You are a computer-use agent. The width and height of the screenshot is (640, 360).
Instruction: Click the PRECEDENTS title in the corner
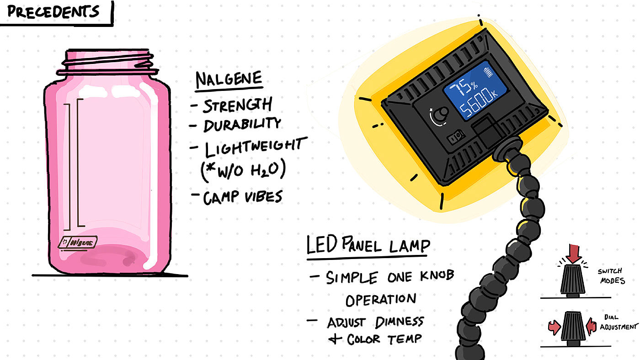tap(53, 11)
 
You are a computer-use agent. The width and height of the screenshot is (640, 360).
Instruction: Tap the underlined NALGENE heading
tap(229, 79)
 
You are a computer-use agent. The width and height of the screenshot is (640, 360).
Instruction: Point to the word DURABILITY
tap(242, 124)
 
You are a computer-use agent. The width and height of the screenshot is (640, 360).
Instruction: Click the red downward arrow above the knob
tap(572, 253)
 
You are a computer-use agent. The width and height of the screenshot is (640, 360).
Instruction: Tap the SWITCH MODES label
tap(611, 276)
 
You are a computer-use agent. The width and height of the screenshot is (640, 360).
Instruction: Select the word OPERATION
tap(380, 300)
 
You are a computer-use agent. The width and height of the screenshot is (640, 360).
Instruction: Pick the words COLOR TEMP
tap(383, 339)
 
